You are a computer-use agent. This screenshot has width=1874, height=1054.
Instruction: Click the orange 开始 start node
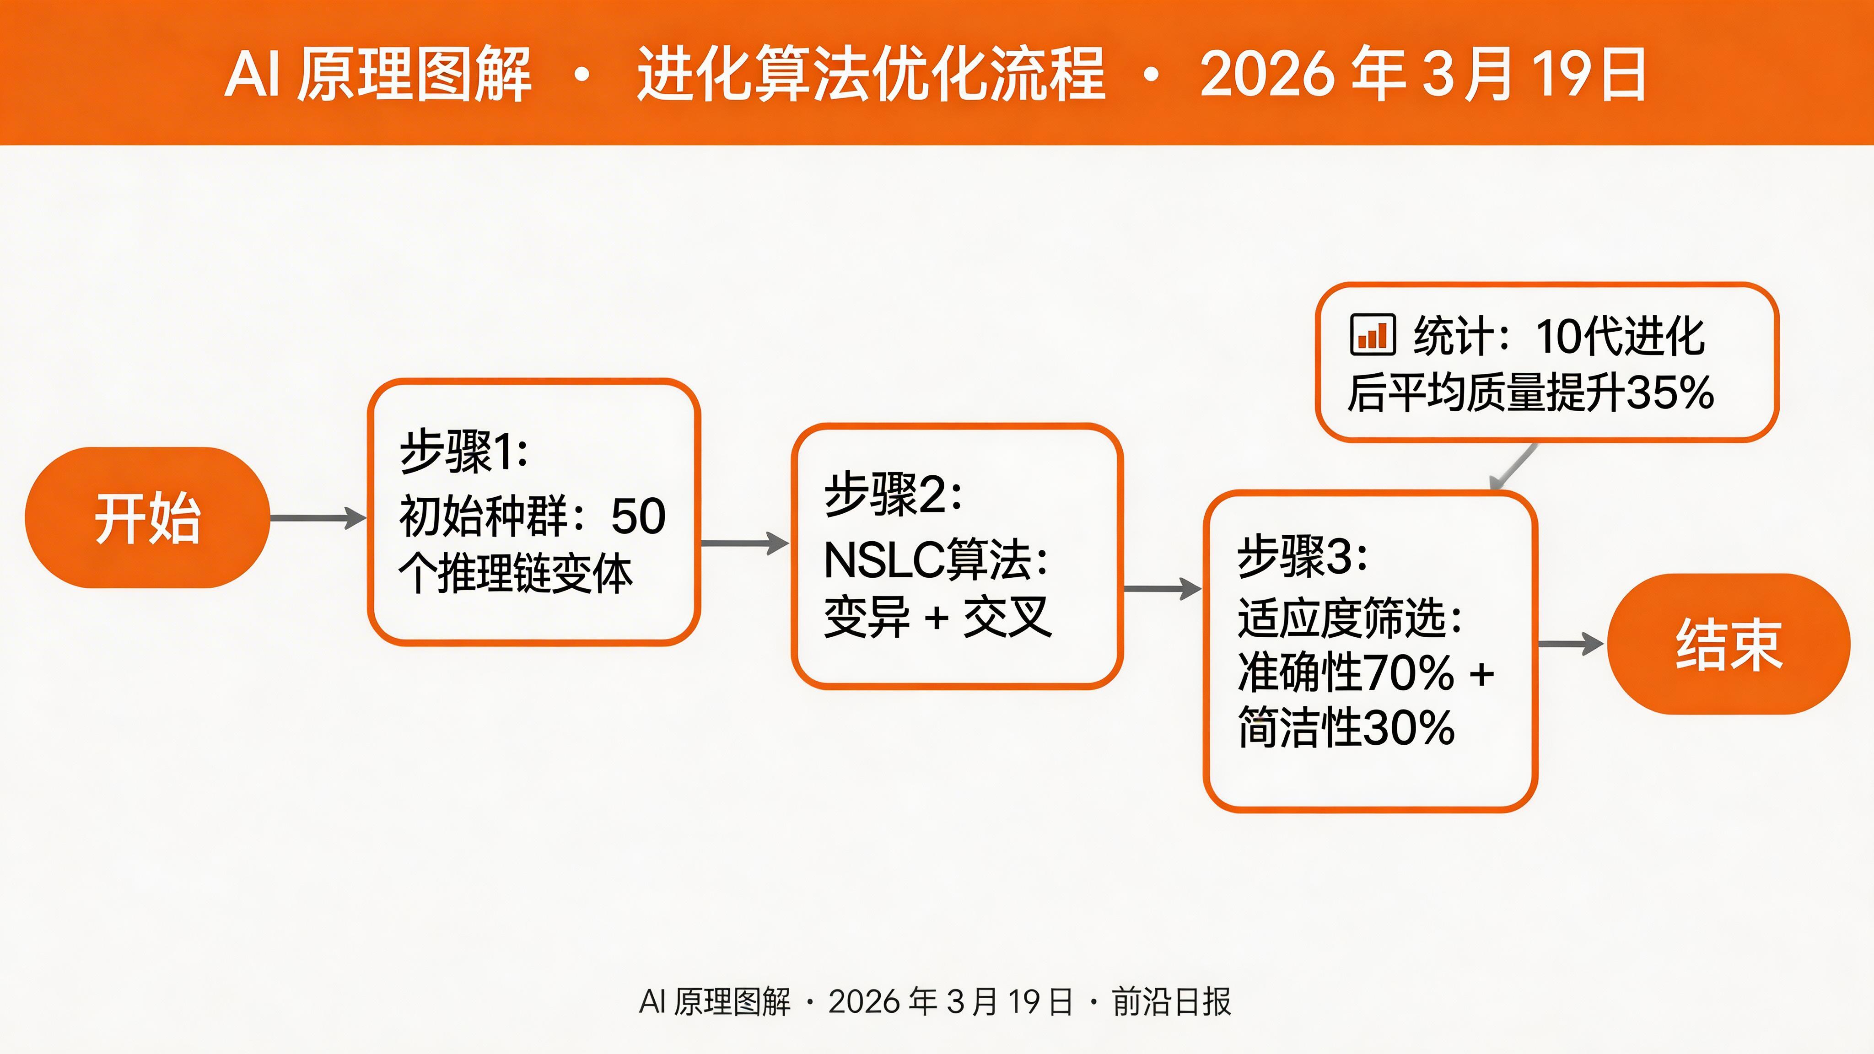tap(147, 518)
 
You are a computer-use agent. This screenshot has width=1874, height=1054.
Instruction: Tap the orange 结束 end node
tap(1728, 645)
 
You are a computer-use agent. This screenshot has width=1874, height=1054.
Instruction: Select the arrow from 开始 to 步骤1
tap(318, 518)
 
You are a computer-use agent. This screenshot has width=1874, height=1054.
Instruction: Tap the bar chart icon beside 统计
tap(1372, 335)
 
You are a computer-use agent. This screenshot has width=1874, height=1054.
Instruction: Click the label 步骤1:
tap(463, 452)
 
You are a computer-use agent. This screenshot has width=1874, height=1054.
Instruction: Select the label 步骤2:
tap(893, 495)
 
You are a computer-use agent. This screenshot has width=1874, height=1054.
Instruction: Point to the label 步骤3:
tap(1302, 556)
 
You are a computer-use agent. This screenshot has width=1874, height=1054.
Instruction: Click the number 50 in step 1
tap(638, 516)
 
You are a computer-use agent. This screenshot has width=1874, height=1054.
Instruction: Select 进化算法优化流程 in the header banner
tap(871, 74)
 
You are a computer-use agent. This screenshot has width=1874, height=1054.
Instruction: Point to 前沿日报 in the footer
tap(1171, 1002)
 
